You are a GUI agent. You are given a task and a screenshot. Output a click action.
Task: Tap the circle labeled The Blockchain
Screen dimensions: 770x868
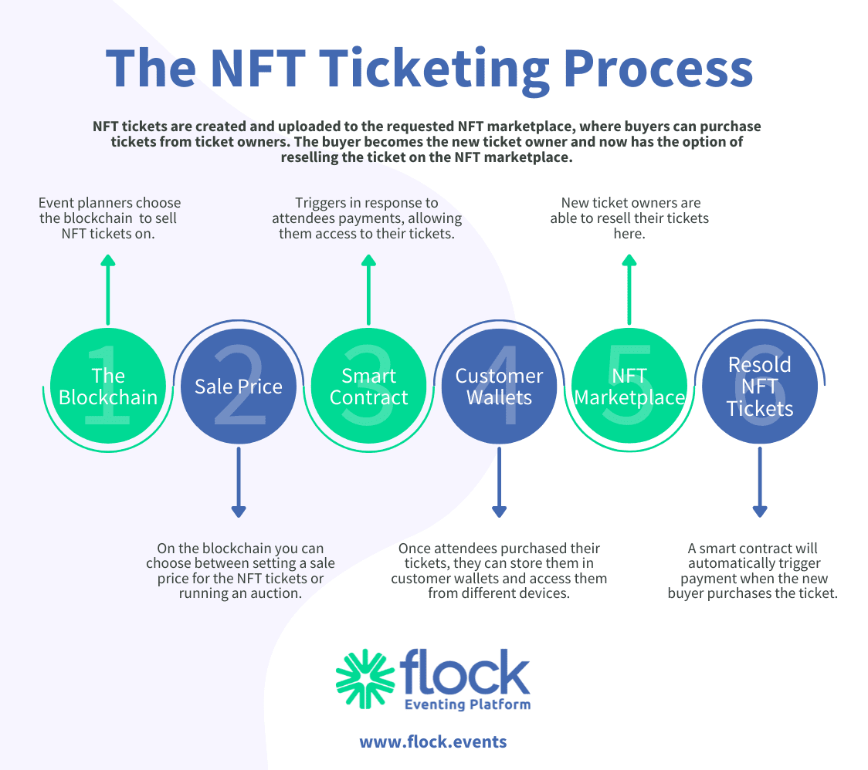click(x=108, y=387)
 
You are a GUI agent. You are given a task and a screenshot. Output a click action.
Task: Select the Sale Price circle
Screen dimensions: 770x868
click(x=238, y=387)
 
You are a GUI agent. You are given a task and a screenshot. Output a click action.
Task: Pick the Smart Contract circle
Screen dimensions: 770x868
click(x=368, y=387)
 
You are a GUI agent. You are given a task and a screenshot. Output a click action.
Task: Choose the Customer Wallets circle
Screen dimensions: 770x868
click(x=499, y=387)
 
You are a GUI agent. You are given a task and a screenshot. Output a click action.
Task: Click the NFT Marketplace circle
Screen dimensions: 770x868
click(x=629, y=387)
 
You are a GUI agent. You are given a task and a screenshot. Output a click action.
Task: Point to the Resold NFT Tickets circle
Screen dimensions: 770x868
click(x=760, y=387)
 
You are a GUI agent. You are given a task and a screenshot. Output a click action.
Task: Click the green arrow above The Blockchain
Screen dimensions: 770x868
click(x=108, y=290)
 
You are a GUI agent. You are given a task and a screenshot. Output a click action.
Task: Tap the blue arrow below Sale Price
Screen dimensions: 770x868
click(x=238, y=482)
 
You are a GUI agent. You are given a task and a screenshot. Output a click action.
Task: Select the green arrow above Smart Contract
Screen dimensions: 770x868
click(x=368, y=290)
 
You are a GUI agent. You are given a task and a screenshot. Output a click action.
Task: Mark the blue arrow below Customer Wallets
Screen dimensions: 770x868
click(x=499, y=482)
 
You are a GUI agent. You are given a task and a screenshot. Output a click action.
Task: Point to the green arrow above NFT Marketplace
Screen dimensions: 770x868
click(x=629, y=290)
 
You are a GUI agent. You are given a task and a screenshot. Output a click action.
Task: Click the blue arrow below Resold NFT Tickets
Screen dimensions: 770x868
click(x=760, y=482)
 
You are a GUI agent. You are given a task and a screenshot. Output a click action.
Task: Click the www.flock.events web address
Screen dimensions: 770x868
click(x=432, y=742)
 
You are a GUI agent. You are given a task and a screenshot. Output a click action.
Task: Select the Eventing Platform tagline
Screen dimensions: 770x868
click(x=468, y=704)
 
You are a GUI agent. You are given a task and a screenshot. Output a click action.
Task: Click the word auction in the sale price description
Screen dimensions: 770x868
click(x=275, y=593)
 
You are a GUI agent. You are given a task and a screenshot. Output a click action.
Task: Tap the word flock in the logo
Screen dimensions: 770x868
click(x=467, y=671)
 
